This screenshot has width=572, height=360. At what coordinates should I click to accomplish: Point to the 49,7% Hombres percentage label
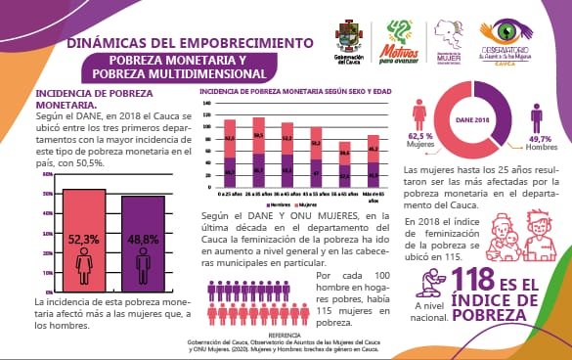point(541,145)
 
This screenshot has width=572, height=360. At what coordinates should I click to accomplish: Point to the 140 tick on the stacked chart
point(207,101)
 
